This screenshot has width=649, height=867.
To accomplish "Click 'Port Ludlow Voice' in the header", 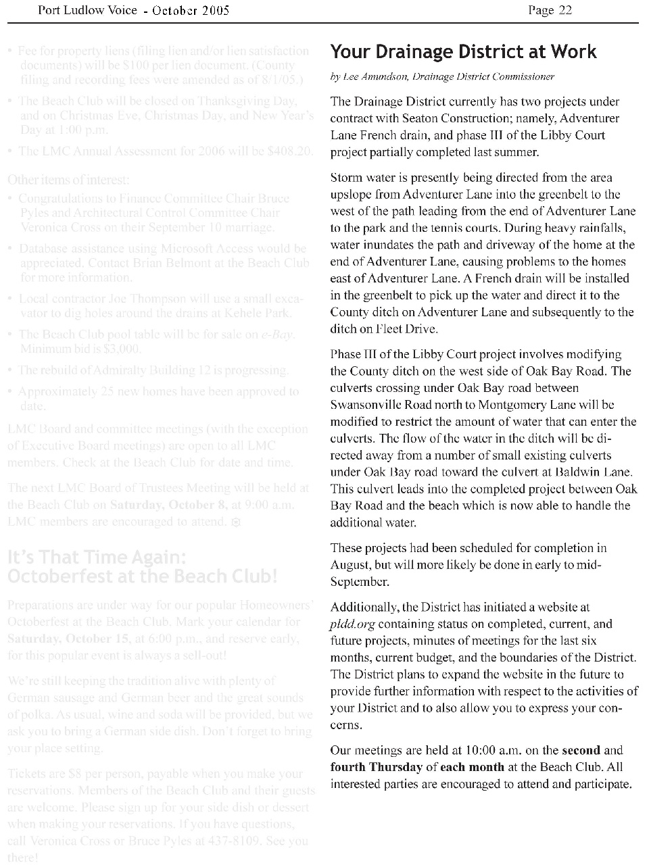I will click(x=88, y=10).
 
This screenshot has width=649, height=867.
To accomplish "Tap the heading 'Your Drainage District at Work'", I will click(x=463, y=52).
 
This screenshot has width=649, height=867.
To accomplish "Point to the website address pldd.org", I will click(x=352, y=624).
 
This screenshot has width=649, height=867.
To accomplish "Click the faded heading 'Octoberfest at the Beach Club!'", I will click(x=143, y=576).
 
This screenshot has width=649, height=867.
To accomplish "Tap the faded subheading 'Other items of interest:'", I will click(x=68, y=180).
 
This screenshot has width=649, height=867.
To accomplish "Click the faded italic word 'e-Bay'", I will click(x=277, y=335).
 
